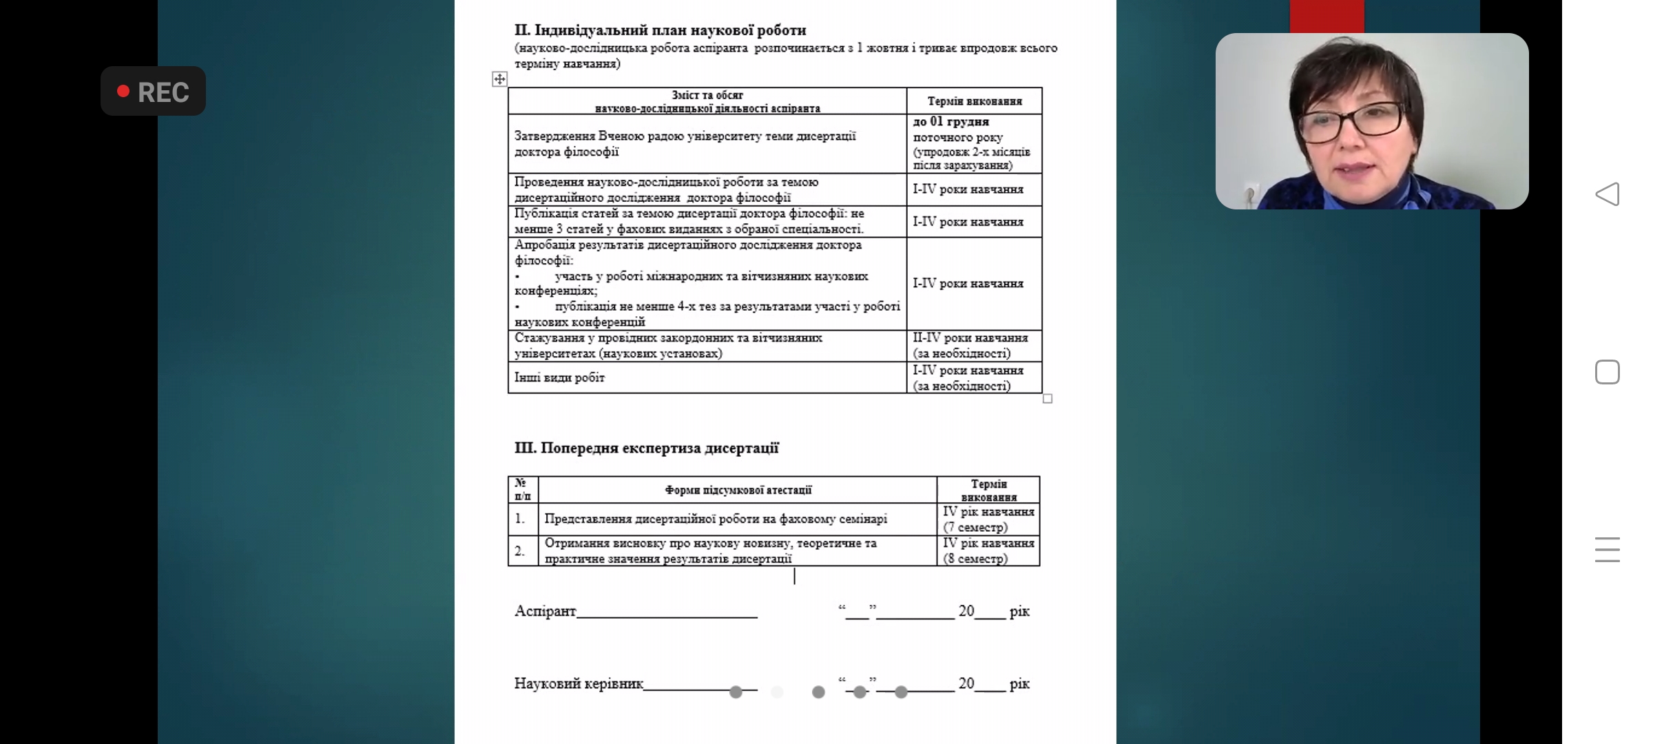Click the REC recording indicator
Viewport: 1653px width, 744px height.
click(153, 92)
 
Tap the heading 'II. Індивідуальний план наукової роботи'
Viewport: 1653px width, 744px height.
click(660, 30)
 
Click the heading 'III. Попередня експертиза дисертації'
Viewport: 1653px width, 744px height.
click(646, 448)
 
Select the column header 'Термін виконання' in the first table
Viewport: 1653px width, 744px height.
click(974, 101)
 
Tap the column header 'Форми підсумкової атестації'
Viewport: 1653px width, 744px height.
click(738, 490)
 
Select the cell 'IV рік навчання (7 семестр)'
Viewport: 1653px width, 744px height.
click(988, 519)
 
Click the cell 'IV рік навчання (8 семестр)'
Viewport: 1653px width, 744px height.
click(988, 551)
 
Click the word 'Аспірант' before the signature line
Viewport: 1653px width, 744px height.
click(545, 611)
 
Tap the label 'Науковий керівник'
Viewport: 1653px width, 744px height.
click(579, 683)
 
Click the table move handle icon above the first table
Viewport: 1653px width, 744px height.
click(499, 79)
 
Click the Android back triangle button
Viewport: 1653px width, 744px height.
click(1607, 194)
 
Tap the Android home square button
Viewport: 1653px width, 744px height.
click(1607, 372)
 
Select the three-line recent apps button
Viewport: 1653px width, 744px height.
click(1607, 550)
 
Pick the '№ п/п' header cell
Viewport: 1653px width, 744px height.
click(523, 490)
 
